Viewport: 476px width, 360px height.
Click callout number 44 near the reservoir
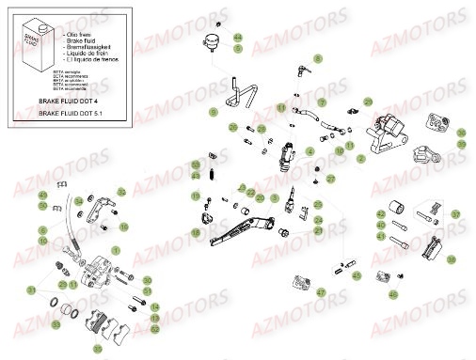point(237,38)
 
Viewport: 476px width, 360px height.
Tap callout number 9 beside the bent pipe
point(214,112)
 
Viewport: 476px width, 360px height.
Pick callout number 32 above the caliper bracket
point(121,192)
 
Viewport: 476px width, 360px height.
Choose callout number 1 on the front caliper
point(116,247)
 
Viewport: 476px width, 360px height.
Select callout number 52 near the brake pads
point(153,328)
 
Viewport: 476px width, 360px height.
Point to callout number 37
point(454,214)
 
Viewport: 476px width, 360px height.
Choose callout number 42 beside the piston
point(380,214)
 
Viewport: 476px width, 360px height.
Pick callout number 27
point(330,178)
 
